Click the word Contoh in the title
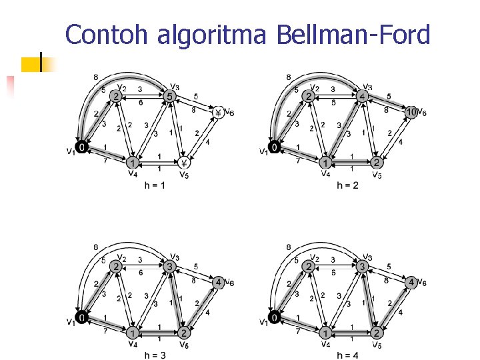point(109,35)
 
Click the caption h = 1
point(155,185)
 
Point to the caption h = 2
point(347,185)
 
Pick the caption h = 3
point(155,355)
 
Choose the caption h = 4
point(347,355)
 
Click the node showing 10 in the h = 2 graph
point(411,112)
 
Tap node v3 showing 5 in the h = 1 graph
point(169,97)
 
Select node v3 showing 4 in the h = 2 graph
point(362,97)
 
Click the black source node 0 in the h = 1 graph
point(81,146)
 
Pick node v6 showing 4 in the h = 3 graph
point(218,282)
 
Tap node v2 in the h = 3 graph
point(116,267)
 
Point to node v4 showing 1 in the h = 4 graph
point(325,333)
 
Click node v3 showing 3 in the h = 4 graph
point(362,267)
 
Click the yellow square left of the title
point(31,64)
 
